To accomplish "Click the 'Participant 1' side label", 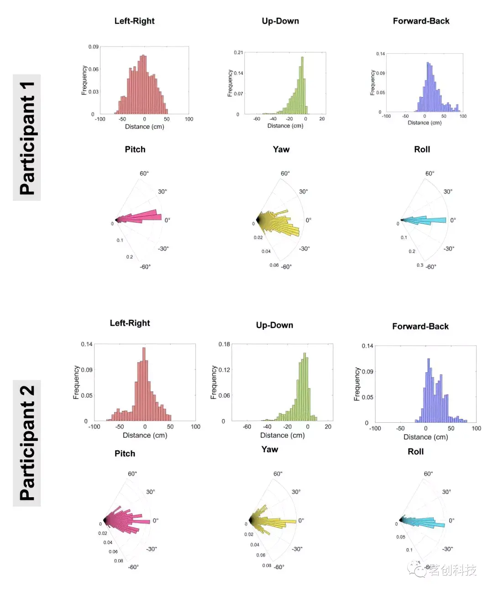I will pos(27,138).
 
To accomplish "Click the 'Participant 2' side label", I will pos(27,443).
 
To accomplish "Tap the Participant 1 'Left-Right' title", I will pos(134,21).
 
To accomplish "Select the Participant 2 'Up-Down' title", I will pos(274,325).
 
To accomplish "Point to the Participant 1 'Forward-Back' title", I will pos(421,21).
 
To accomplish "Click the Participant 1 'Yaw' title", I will pos(281,149).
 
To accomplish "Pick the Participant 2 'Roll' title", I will pos(415,452).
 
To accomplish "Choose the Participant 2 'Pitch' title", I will pos(125,453).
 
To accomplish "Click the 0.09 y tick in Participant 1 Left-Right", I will pos(93,47).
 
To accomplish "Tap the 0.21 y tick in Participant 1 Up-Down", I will pos(238,52).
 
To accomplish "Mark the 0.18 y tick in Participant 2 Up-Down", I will pos(224,344).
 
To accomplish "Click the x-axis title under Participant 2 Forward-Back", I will pos(425,437).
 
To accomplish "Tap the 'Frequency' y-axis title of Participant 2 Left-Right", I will pos(76,382).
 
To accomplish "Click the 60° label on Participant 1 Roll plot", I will pos(430,173).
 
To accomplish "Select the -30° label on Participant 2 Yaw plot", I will pos(297,549).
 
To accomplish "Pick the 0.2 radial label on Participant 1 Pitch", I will pos(130,257).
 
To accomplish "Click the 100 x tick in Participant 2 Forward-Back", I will pos(476,428).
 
